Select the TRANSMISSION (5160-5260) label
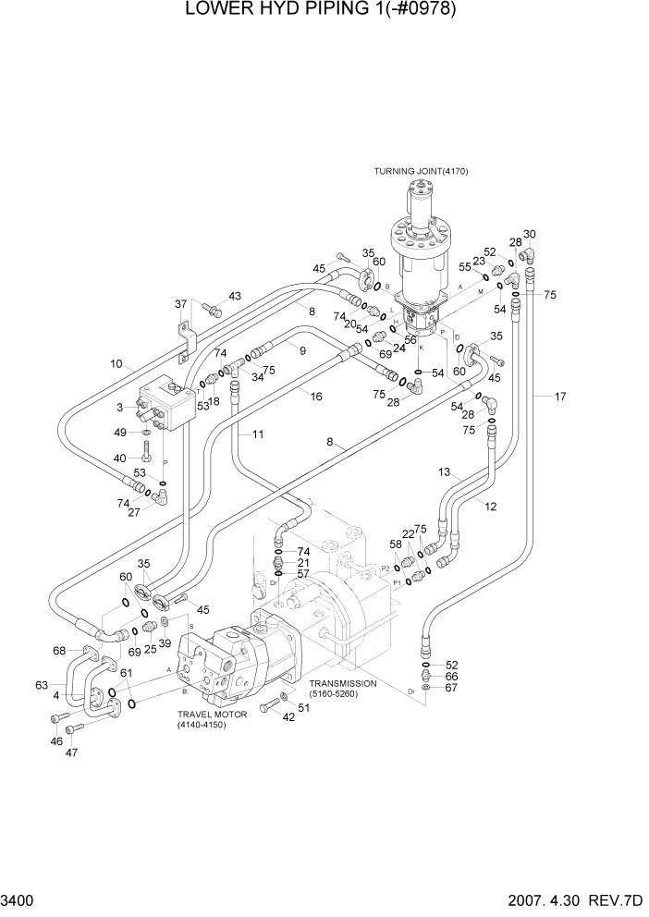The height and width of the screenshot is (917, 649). [x=344, y=689]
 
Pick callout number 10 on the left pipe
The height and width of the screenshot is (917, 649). [x=116, y=363]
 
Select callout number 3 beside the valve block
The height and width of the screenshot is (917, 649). [x=120, y=407]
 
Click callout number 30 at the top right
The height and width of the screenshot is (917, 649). [x=530, y=234]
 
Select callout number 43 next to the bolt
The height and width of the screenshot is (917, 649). [x=234, y=296]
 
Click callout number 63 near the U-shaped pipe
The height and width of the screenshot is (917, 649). [x=42, y=685]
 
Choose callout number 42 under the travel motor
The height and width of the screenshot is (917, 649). [x=288, y=717]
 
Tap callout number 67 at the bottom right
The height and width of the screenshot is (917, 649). [x=452, y=687]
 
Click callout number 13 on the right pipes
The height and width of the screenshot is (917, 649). [x=444, y=472]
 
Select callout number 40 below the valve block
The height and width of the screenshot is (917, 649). [x=119, y=458]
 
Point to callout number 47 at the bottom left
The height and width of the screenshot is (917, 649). [x=71, y=752]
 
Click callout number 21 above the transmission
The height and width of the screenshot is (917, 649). [x=304, y=563]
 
